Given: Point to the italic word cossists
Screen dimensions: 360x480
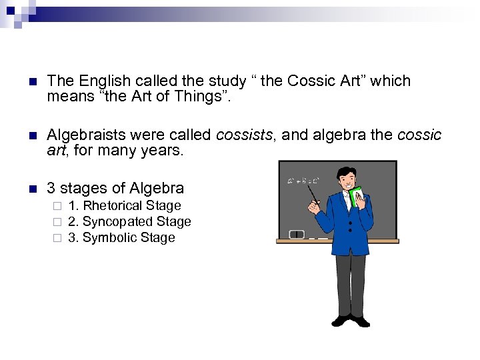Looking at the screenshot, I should [x=244, y=135].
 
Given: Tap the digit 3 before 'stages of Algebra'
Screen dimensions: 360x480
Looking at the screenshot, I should [x=51, y=189].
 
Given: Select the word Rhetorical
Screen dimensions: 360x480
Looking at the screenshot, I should [x=113, y=206].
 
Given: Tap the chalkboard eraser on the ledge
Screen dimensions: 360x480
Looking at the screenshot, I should [x=297, y=234].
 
